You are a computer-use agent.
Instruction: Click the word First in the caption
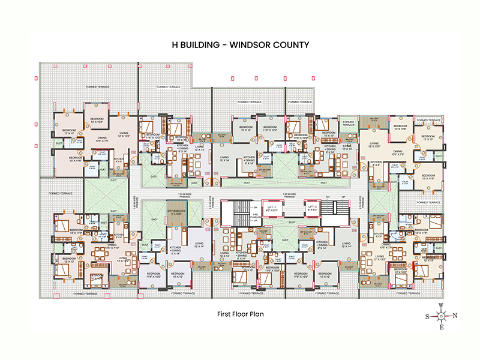point(224,314)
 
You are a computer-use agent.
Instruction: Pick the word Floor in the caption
point(241,314)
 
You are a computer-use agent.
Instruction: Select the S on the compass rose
point(427,316)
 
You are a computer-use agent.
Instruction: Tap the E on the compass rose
point(441,328)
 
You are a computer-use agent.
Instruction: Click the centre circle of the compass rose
point(441,316)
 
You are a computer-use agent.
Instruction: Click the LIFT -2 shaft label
point(313,208)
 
